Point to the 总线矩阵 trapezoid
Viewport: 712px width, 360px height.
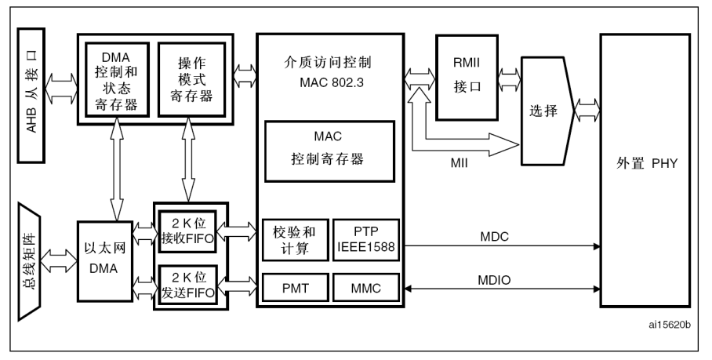click(32, 262)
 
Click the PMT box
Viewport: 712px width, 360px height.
click(292, 289)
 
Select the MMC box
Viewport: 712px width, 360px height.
click(365, 289)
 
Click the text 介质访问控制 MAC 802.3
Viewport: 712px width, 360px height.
click(327, 69)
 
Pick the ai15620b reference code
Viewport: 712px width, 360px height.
click(670, 322)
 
